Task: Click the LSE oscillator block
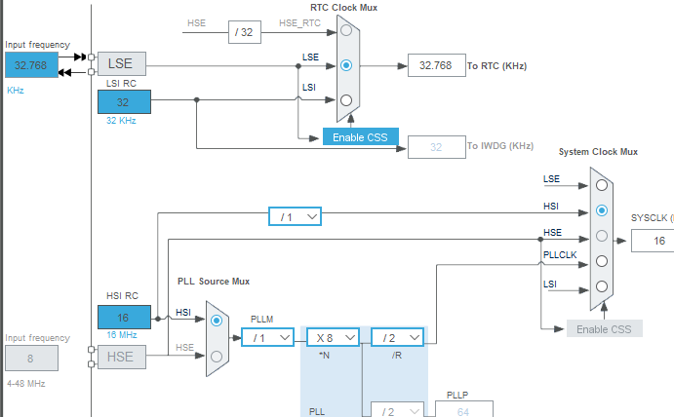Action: [x=122, y=64]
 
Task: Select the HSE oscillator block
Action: [x=122, y=357]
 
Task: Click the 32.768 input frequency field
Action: [x=31, y=65]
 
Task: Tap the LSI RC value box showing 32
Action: [x=124, y=101]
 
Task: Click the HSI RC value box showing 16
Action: [x=124, y=318]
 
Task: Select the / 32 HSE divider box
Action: [x=245, y=32]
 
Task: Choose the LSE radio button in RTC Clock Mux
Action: [x=346, y=65]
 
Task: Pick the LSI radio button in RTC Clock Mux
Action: [x=346, y=100]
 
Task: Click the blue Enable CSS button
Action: [x=361, y=137]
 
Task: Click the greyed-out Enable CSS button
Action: [x=605, y=329]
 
